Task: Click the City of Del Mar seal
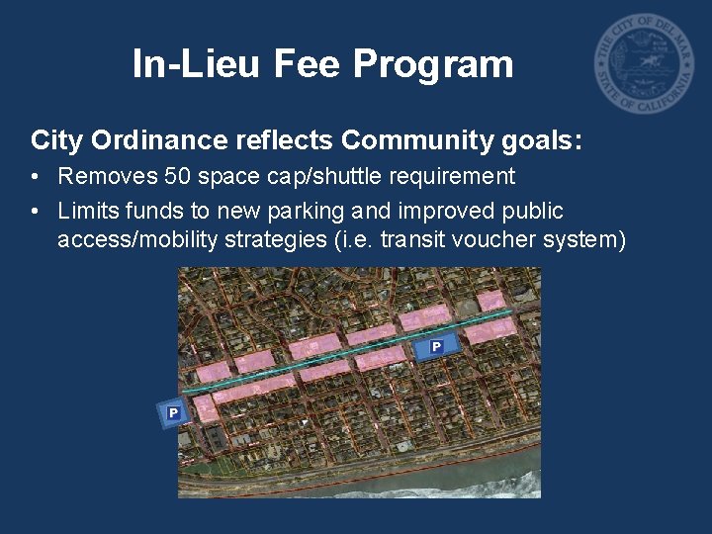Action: (x=644, y=64)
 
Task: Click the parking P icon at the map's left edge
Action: (x=173, y=412)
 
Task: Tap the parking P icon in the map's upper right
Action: (x=436, y=346)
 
